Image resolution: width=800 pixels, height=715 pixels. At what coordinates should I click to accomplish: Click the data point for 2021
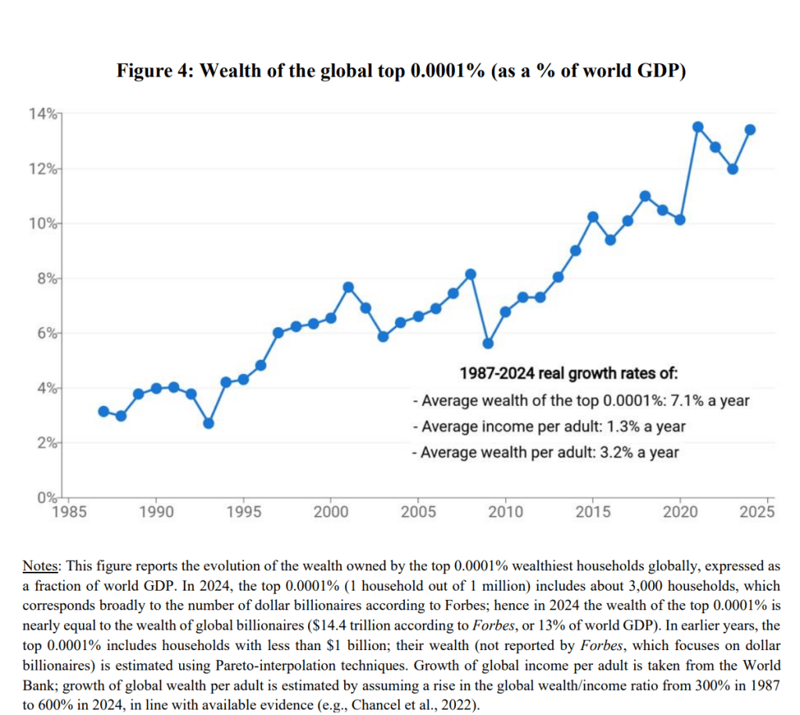click(x=698, y=127)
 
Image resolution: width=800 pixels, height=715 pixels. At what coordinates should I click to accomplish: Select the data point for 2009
click(x=488, y=343)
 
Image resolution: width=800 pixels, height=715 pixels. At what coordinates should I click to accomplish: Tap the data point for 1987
click(x=103, y=411)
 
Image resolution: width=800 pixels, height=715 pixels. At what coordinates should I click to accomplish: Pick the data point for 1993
click(x=208, y=423)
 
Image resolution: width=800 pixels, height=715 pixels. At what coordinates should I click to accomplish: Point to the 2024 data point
click(x=751, y=129)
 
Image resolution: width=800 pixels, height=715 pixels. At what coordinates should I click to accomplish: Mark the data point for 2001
click(x=348, y=286)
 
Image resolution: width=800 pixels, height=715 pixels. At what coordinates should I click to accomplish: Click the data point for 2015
click(x=593, y=217)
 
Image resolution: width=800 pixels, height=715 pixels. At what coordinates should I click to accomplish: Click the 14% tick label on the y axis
click(x=42, y=114)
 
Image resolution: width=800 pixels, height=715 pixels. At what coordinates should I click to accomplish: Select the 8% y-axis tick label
click(x=45, y=278)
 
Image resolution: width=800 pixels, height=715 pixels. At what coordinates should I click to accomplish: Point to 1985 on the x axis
click(x=68, y=512)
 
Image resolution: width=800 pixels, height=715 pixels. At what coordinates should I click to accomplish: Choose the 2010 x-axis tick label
click(x=505, y=512)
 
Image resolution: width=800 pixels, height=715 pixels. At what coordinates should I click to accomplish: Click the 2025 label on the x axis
click(x=757, y=512)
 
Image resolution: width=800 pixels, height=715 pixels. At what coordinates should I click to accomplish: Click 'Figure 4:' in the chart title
click(x=155, y=71)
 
